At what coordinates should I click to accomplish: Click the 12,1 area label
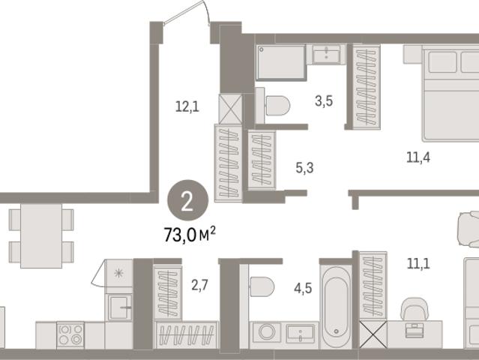(x=187, y=107)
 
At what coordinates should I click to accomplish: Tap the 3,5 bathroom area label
(x=324, y=100)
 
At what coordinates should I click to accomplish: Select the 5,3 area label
(x=304, y=168)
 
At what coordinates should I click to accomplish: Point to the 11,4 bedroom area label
(x=418, y=157)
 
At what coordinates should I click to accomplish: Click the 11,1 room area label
(x=418, y=263)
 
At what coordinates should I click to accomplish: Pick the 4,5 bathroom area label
(x=303, y=288)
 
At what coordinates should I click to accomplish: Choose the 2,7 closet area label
(x=199, y=285)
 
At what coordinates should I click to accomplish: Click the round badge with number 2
(x=187, y=200)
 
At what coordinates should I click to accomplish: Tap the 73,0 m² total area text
(x=190, y=235)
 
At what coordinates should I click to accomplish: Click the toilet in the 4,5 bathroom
(x=262, y=286)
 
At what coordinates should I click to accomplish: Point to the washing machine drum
(x=267, y=332)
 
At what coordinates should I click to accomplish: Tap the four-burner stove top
(x=70, y=334)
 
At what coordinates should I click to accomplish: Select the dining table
(x=41, y=236)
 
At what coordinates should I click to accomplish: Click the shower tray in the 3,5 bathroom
(x=281, y=62)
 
